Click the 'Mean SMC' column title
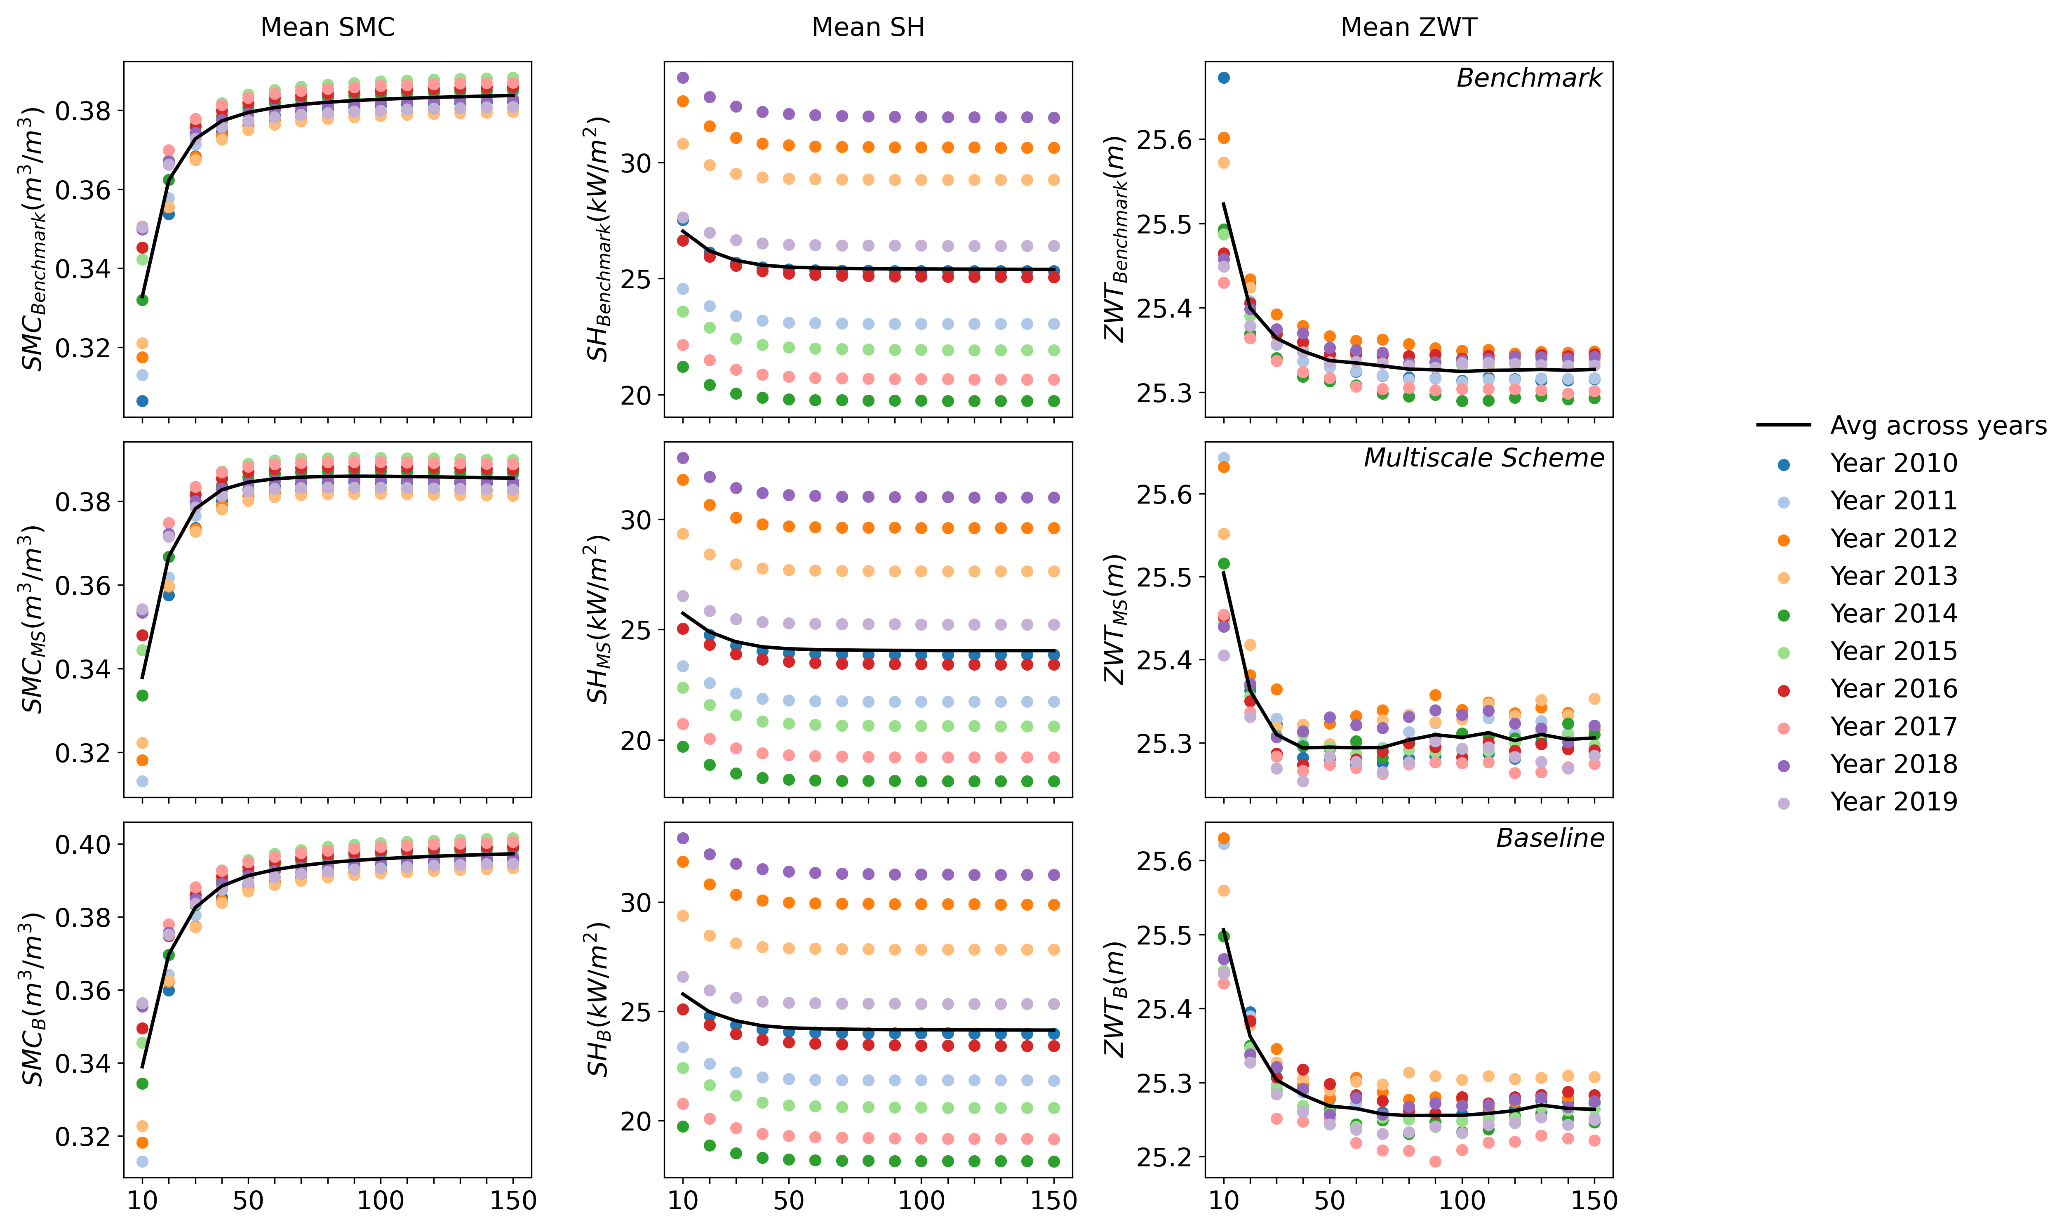click(327, 27)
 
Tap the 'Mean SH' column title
click(868, 27)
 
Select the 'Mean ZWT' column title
click(1408, 27)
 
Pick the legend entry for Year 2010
click(1893, 463)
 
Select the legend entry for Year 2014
click(1893, 614)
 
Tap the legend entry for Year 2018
click(1893, 764)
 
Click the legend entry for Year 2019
click(1893, 801)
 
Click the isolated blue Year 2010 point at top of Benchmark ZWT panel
click(1224, 78)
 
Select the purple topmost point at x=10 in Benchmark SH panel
click(683, 78)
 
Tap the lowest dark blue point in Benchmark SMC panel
click(142, 401)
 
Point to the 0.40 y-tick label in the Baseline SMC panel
click(82, 844)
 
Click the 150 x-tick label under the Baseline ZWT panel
click(1594, 1201)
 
